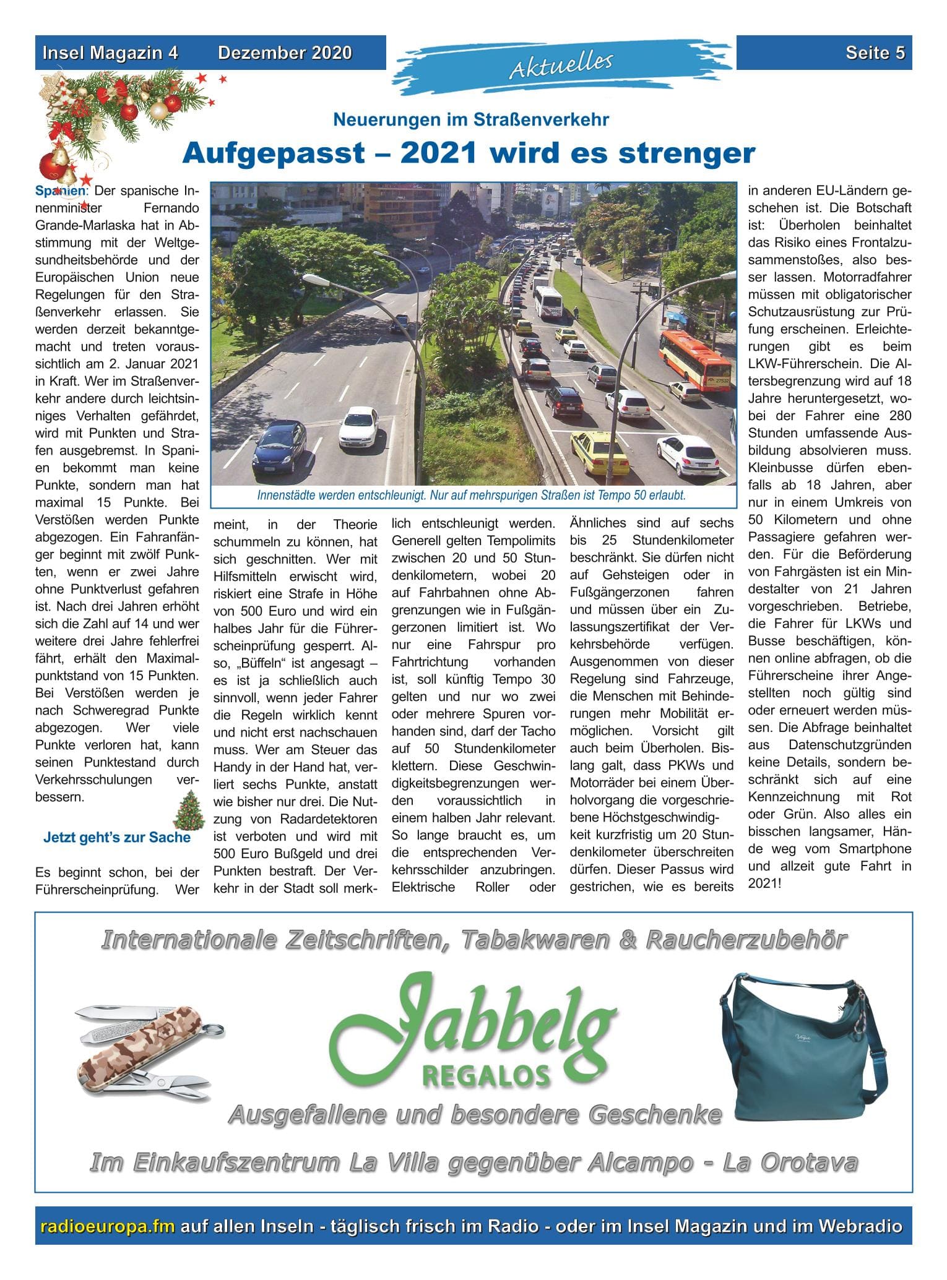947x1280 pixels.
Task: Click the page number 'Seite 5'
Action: [x=875, y=53]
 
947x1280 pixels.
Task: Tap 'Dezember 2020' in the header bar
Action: [x=285, y=53]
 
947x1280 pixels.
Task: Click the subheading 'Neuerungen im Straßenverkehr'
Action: [x=471, y=119]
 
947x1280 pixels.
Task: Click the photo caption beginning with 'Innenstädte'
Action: [x=471, y=496]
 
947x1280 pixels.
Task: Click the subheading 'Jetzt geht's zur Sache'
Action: [x=117, y=838]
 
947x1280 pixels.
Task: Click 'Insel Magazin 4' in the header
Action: [x=110, y=53]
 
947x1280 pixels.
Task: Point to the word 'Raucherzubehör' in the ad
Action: [x=746, y=941]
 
